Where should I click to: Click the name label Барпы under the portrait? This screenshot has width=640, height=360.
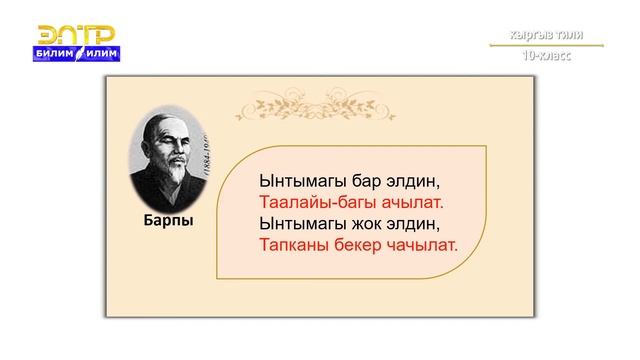point(167,220)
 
